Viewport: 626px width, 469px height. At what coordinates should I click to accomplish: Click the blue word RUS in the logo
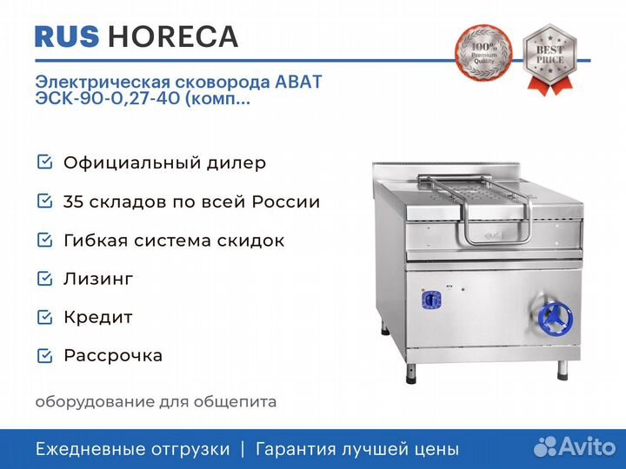coord(67,36)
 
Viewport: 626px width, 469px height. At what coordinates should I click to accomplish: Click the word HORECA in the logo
coord(173,36)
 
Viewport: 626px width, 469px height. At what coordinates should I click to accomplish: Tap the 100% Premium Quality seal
coord(483,51)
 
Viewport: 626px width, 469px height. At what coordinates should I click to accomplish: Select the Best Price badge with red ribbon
coord(549,59)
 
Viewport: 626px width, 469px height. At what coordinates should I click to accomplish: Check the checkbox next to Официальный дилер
coord(44,162)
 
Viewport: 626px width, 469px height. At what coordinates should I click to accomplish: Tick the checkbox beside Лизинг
coord(44,279)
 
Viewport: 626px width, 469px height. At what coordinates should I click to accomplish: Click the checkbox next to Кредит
coord(44,317)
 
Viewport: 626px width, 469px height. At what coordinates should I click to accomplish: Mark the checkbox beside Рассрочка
coord(44,356)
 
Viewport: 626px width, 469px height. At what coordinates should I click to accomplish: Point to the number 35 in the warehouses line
coord(73,201)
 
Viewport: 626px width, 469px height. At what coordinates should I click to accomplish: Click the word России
coord(286,201)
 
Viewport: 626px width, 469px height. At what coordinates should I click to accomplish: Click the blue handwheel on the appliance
coord(555,318)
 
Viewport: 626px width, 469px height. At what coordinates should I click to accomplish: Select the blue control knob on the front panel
coord(431,300)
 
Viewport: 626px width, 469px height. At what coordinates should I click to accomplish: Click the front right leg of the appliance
coord(563,370)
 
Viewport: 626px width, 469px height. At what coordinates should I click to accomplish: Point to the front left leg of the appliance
coord(410,373)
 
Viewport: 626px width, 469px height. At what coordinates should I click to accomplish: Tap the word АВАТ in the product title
coord(298,82)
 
